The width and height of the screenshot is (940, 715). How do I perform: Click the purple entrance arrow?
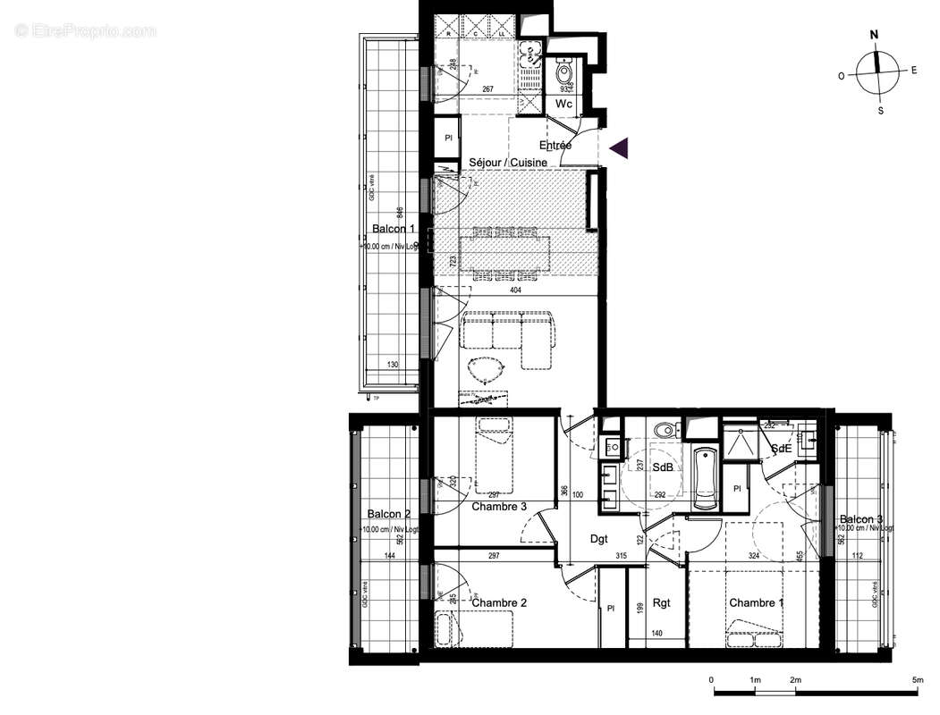click(x=619, y=148)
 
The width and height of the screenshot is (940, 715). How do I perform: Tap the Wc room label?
click(x=563, y=105)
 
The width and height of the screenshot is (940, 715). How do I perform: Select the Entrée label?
click(x=555, y=145)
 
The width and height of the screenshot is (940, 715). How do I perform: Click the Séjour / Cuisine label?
click(x=508, y=163)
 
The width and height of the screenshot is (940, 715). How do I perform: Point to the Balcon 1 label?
click(x=394, y=229)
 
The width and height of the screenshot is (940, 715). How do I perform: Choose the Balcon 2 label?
click(x=389, y=514)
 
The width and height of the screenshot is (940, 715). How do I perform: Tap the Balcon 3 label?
click(x=861, y=519)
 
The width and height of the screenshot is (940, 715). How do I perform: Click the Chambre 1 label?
click(x=756, y=603)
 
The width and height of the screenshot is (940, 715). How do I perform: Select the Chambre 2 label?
click(x=499, y=603)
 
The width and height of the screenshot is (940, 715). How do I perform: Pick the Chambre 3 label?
click(x=499, y=507)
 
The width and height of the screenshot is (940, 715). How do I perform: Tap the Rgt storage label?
click(x=662, y=603)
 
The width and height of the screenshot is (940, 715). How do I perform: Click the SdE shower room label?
click(x=780, y=449)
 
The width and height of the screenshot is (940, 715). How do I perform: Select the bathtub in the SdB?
click(x=704, y=474)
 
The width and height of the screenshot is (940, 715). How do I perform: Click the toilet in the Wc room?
click(x=564, y=72)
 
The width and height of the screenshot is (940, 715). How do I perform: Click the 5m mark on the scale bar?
click(x=917, y=681)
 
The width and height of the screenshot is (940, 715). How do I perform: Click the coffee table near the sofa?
click(x=487, y=368)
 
